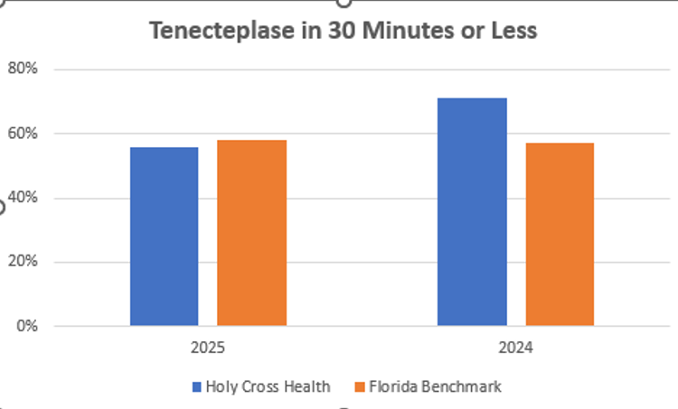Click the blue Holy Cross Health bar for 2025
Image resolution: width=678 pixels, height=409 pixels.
tap(164, 236)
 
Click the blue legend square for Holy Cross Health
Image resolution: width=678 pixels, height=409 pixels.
tap(196, 386)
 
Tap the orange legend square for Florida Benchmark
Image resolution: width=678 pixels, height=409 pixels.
tap(360, 386)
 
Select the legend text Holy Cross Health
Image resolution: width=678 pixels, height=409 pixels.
tap(268, 386)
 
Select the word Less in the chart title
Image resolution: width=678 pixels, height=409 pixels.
tap(513, 31)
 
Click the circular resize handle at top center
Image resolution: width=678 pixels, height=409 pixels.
tap(343, 3)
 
